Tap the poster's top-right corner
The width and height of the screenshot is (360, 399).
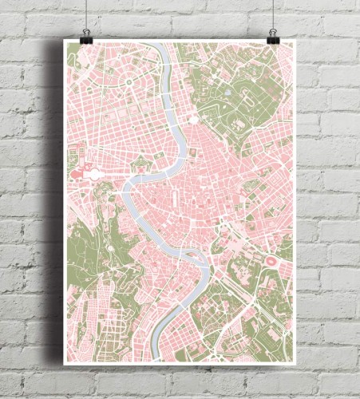(x=295, y=41)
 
